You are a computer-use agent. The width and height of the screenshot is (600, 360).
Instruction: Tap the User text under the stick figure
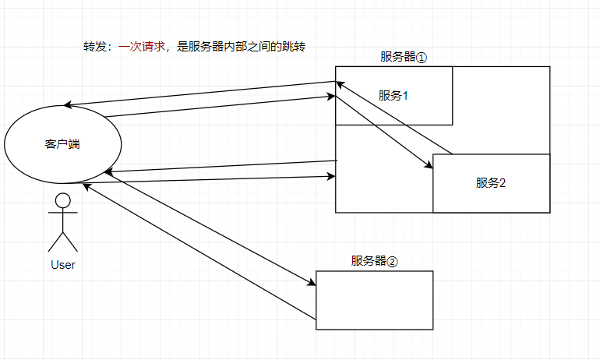click(62, 265)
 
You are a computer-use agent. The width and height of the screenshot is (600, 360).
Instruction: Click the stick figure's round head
click(62, 201)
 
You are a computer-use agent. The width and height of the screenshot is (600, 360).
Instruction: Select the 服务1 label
click(394, 96)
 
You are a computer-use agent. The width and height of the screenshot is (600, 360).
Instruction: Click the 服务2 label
click(491, 183)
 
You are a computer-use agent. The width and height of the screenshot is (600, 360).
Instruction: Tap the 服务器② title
click(374, 261)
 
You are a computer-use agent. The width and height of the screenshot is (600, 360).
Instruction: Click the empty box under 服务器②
click(374, 300)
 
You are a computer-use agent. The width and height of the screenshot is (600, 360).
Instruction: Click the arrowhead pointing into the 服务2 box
click(429, 165)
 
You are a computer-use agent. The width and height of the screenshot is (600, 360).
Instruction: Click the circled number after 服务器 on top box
click(422, 58)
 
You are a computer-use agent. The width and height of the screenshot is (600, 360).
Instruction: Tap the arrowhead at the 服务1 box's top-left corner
click(340, 83)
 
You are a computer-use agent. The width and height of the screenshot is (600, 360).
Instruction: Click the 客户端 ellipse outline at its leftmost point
click(5, 144)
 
